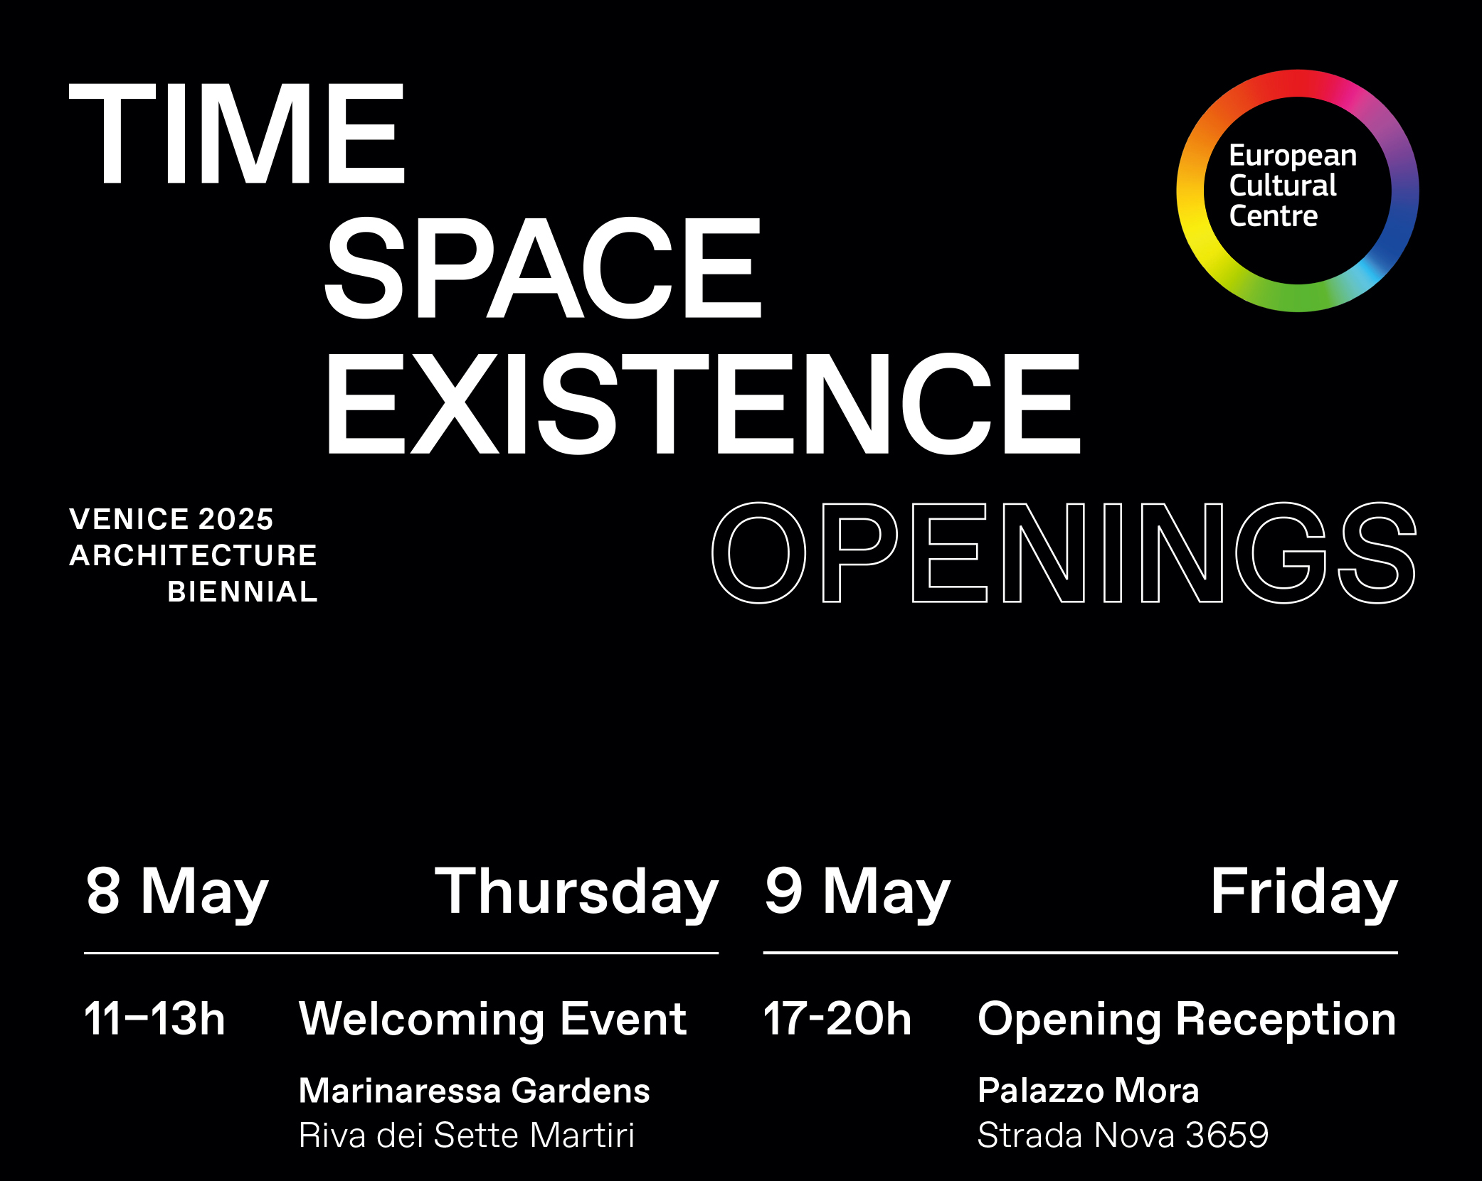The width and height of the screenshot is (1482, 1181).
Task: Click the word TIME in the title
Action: pos(237,134)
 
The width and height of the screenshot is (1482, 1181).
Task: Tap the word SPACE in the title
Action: pos(543,267)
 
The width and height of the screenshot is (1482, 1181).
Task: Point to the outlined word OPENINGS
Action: pos(1064,552)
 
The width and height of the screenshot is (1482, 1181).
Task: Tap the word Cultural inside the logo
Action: pos(1283,186)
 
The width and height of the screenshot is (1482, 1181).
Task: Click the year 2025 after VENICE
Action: pos(236,520)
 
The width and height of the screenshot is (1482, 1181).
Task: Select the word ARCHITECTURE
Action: pos(193,555)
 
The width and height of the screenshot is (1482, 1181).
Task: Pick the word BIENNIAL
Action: pos(243,592)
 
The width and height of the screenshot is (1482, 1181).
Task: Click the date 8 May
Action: pos(177,893)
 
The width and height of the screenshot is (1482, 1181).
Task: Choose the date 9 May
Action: pos(857,893)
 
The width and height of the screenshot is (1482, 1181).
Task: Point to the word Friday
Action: pos(1304,893)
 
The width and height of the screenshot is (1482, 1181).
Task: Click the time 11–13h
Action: pos(154,1019)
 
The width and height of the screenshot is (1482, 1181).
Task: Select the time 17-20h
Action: pos(837,1019)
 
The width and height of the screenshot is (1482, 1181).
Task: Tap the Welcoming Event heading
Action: pos(493,1020)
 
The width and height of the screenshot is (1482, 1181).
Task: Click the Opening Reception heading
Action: pos(1187,1020)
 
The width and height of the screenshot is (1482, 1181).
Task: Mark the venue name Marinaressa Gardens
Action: pos(475,1091)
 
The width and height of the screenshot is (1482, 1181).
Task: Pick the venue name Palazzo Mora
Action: pos(1089,1091)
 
